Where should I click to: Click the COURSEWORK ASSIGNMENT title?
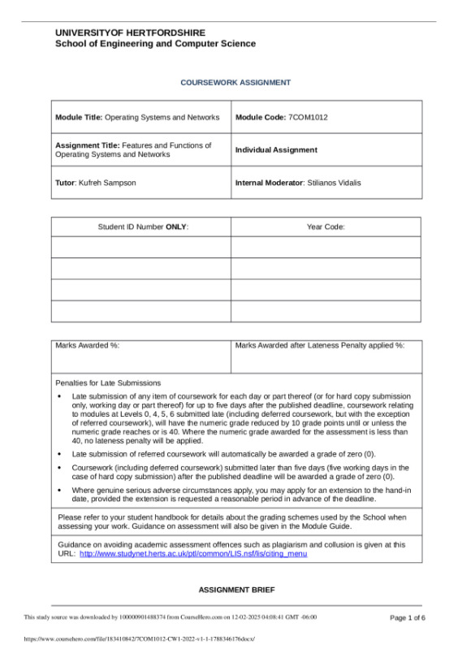[235, 83]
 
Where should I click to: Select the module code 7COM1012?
[308, 118]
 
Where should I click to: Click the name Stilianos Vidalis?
[334, 183]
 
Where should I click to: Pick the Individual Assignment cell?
[276, 150]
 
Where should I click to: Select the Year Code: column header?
[326, 227]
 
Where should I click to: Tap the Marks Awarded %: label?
[88, 346]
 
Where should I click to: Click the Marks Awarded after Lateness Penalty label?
[320, 346]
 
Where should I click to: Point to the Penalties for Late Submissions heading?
[108, 383]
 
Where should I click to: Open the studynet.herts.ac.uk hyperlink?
[192, 554]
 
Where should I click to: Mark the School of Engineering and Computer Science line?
[155, 44]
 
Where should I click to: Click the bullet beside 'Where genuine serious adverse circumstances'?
[60, 491]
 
